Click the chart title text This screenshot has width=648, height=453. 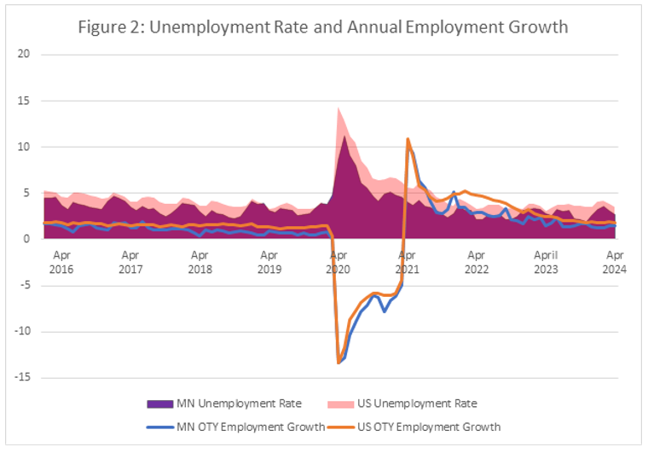[x=323, y=26]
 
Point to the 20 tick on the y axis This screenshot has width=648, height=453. [x=24, y=55]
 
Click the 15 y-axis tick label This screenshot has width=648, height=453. [x=24, y=101]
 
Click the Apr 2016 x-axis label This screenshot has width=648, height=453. [x=61, y=261]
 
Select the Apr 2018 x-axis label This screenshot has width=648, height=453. [x=200, y=261]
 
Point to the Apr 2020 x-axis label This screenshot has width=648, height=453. [x=338, y=261]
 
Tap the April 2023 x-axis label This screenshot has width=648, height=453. [x=546, y=261]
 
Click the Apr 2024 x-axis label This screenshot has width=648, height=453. [x=615, y=261]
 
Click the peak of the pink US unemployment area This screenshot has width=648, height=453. [x=338, y=107]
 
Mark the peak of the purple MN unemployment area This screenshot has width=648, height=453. [x=344, y=136]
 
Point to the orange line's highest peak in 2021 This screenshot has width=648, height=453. [x=408, y=138]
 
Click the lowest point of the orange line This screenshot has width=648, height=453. [x=338, y=363]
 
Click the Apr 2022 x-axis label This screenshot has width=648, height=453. [x=477, y=261]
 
